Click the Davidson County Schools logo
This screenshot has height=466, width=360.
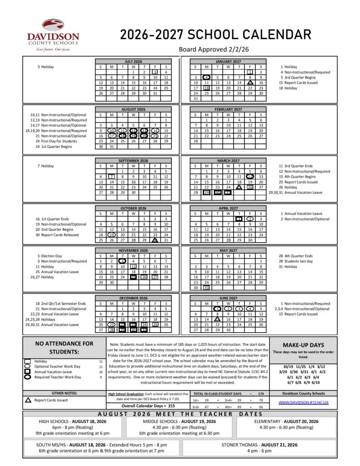pyautogui.click(x=53, y=35)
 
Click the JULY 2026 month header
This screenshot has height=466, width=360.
pyautogui.click(x=133, y=61)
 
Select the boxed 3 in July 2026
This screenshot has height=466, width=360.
pyautogui.click(x=155, y=72)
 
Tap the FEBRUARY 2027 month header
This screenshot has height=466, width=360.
pyautogui.click(x=228, y=109)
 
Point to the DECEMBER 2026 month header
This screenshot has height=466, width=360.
pyautogui.click(x=133, y=298)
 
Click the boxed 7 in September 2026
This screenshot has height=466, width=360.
pyautogui.click(x=112, y=177)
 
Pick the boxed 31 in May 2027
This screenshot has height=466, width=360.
pyautogui.click(x=206, y=288)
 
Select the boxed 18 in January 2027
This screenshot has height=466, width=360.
pyautogui.click(x=206, y=88)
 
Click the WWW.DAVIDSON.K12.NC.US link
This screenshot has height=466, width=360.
pyautogui.click(x=303, y=403)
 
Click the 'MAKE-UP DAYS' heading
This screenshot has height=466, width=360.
pyautogui.click(x=303, y=345)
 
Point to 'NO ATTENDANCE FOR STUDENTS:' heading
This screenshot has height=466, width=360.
pyautogui.click(x=64, y=348)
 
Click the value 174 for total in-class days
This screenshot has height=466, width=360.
pyautogui.click(x=261, y=393)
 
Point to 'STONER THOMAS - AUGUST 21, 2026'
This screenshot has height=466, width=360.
pyautogui.click(x=259, y=445)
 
